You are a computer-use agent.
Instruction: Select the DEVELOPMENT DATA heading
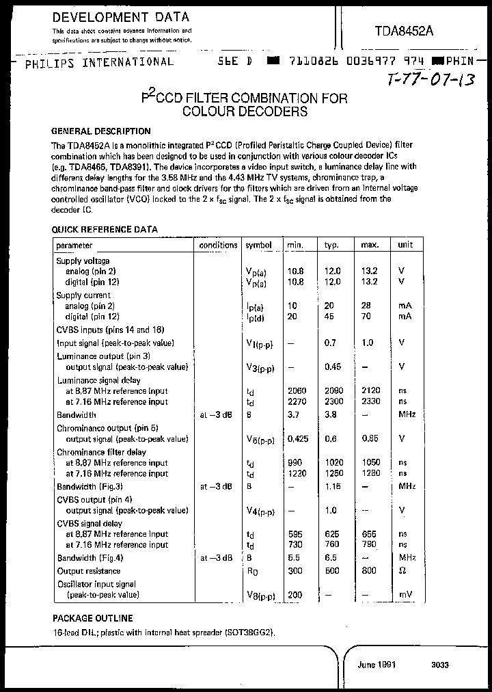pyautogui.click(x=121, y=17)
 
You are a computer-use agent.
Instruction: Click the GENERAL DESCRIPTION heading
pyautogui.click(x=101, y=131)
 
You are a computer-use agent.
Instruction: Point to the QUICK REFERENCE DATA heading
pyautogui.click(x=105, y=230)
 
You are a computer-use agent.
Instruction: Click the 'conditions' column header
pyautogui.click(x=218, y=245)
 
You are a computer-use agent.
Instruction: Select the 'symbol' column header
pyautogui.click(x=258, y=245)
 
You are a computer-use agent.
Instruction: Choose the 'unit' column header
pyautogui.click(x=405, y=245)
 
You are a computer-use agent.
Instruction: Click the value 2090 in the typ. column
pyautogui.click(x=332, y=390)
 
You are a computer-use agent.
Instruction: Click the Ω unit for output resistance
pyautogui.click(x=402, y=571)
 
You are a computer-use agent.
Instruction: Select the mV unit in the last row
pyautogui.click(x=405, y=595)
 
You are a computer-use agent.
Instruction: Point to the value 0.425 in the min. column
pyautogui.click(x=299, y=439)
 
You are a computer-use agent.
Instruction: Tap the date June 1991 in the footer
pyautogui.click(x=377, y=664)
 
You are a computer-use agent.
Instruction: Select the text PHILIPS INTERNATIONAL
pyautogui.click(x=98, y=62)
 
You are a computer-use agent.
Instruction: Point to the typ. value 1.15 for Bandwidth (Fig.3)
pyautogui.click(x=332, y=486)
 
